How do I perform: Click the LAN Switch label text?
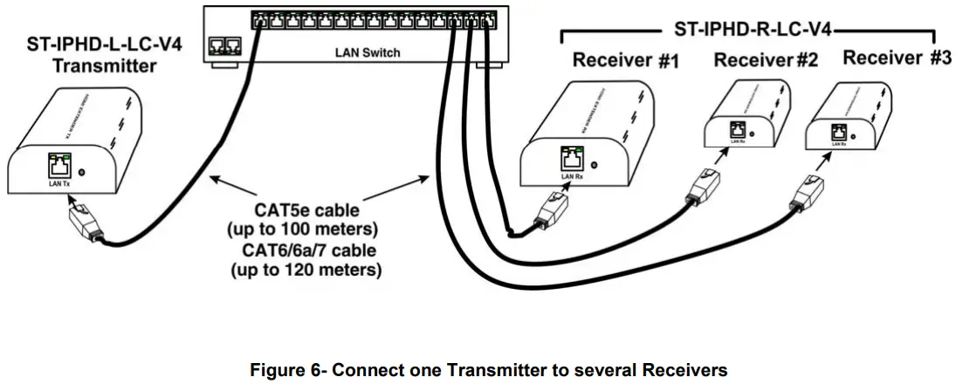(368, 53)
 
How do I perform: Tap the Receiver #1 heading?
(625, 61)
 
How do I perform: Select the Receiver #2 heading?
(766, 60)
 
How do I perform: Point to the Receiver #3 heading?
(897, 58)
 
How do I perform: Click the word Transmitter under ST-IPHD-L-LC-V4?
(104, 65)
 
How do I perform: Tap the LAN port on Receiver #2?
(736, 129)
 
